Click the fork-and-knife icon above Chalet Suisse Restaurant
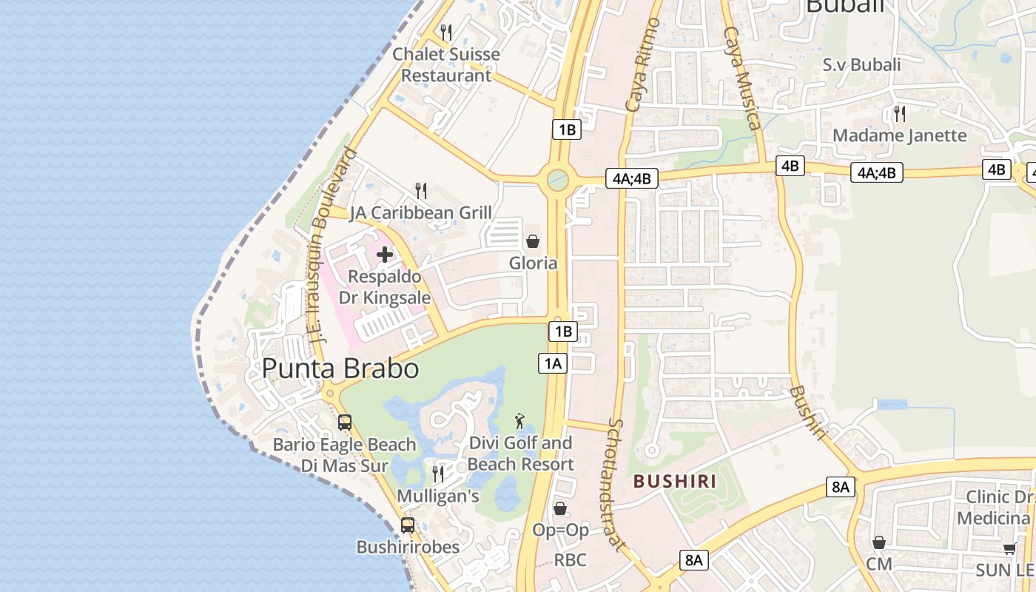(445, 33)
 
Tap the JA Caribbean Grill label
(420, 212)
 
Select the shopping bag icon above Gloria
(532, 241)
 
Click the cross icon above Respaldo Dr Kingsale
(385, 255)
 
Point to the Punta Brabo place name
(340, 369)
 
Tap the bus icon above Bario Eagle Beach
(345, 423)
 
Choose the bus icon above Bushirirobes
(408, 525)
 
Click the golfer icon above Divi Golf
(520, 421)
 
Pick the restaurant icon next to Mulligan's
(438, 474)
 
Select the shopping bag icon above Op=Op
(560, 508)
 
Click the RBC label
(570, 560)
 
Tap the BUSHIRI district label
(675, 482)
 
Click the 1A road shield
(553, 363)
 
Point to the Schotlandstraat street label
(616, 485)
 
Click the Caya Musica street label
(742, 78)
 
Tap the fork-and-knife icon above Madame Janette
(900, 114)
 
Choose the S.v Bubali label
(861, 65)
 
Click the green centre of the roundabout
(557, 179)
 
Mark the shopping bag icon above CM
(879, 542)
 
